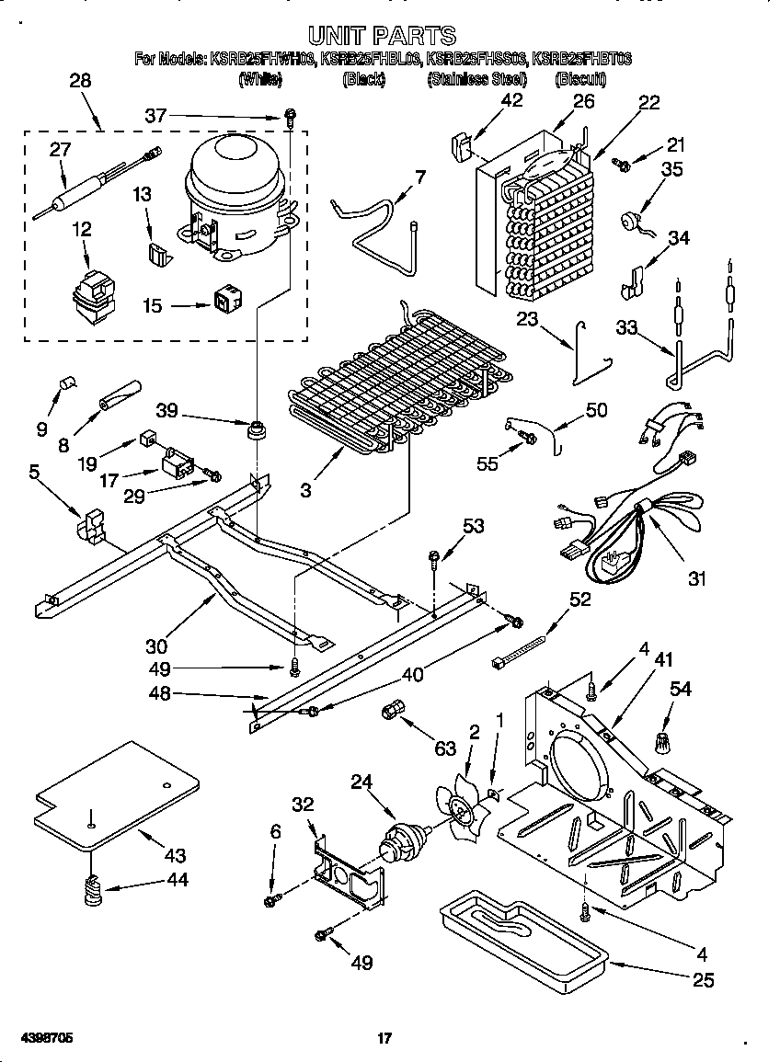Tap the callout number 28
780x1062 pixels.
[80, 80]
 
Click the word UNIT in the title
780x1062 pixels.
[340, 36]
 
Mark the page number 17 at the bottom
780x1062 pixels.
[385, 1039]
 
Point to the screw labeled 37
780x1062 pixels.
[290, 116]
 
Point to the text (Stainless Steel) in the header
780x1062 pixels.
[476, 80]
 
